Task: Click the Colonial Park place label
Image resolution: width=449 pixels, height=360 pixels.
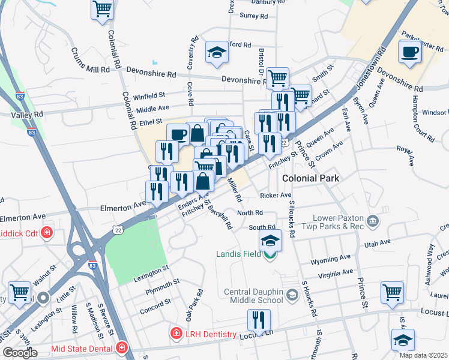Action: pos(311,178)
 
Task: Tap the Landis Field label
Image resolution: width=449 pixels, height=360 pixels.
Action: pos(238,254)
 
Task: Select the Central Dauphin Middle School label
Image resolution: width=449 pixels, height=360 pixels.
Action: pos(253,296)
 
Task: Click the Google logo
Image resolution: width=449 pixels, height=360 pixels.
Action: pos(20,353)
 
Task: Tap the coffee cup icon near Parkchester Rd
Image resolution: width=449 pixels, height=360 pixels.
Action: pos(409,52)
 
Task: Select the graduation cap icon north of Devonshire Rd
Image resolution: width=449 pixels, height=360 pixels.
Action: pos(216,53)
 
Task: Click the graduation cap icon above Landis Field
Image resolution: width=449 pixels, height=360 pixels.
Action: pos(270,241)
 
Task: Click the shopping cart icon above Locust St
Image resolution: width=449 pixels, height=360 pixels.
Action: pos(392,292)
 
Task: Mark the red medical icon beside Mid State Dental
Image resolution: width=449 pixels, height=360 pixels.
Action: pos(122,347)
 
